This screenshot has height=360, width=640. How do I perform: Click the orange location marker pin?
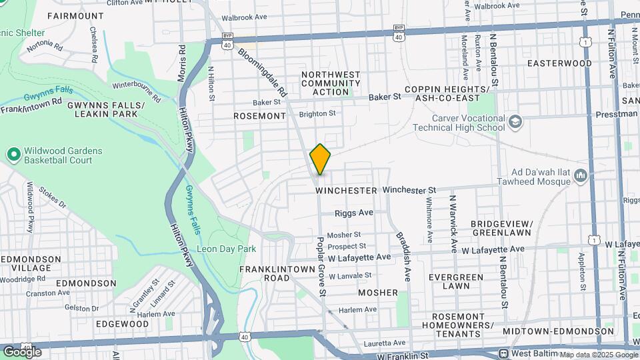(320, 159)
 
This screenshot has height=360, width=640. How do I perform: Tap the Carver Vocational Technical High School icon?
(515, 121)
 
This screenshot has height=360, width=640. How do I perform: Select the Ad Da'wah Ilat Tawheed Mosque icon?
(581, 176)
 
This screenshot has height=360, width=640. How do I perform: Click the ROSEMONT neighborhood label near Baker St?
(259, 116)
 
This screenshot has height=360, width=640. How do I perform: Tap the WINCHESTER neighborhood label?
(346, 191)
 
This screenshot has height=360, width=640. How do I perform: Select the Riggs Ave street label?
(354, 213)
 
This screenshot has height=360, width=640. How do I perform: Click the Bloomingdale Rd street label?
(263, 71)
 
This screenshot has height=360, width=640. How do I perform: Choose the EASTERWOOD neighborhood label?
(559, 63)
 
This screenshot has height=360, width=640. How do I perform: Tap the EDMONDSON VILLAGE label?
(27, 263)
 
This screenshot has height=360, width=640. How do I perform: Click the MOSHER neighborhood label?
(377, 293)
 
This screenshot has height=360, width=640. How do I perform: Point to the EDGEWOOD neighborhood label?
(122, 323)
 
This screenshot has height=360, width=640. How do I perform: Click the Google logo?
(22, 351)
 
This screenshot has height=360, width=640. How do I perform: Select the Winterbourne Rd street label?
(137, 91)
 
